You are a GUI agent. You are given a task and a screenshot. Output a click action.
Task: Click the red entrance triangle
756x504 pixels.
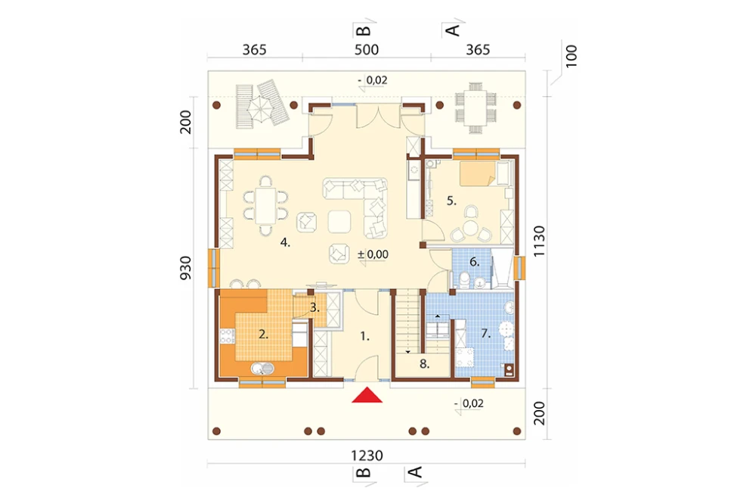pyautogui.click(x=367, y=395)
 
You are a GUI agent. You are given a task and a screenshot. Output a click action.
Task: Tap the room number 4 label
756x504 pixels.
pyautogui.click(x=285, y=243)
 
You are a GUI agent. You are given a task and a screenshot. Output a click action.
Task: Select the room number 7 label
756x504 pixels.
pyautogui.click(x=485, y=333)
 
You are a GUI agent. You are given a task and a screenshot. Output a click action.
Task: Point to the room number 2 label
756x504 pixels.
pyautogui.click(x=263, y=334)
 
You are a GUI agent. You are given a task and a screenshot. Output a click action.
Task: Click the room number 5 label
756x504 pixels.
pyautogui.click(x=451, y=201)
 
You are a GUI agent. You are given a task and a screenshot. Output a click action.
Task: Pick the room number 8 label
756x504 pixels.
pyautogui.click(x=424, y=364)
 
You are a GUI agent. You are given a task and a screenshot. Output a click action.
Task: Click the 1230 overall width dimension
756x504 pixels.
pyautogui.click(x=367, y=456)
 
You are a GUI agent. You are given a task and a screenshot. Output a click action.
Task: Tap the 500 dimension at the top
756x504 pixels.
pyautogui.click(x=367, y=50)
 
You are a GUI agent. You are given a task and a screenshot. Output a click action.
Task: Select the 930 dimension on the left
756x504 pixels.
pyautogui.click(x=186, y=268)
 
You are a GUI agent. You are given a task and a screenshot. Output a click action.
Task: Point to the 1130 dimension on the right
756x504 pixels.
pyautogui.click(x=539, y=241)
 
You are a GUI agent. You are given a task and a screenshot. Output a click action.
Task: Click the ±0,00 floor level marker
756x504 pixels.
pyautogui.click(x=373, y=254)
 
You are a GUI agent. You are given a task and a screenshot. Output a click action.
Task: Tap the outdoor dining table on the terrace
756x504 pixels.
pyautogui.click(x=476, y=107)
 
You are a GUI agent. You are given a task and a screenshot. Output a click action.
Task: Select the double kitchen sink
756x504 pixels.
pyautogui.click(x=262, y=369)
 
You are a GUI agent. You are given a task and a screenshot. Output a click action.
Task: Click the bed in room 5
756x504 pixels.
pyautogui.click(x=477, y=174)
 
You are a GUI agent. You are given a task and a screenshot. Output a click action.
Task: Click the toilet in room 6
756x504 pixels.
pyautogui.click(x=465, y=279)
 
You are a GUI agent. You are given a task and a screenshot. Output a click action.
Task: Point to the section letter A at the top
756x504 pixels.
pyautogui.click(x=452, y=30)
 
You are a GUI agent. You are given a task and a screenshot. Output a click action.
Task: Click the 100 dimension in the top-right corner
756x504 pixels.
pyautogui.click(x=571, y=56)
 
